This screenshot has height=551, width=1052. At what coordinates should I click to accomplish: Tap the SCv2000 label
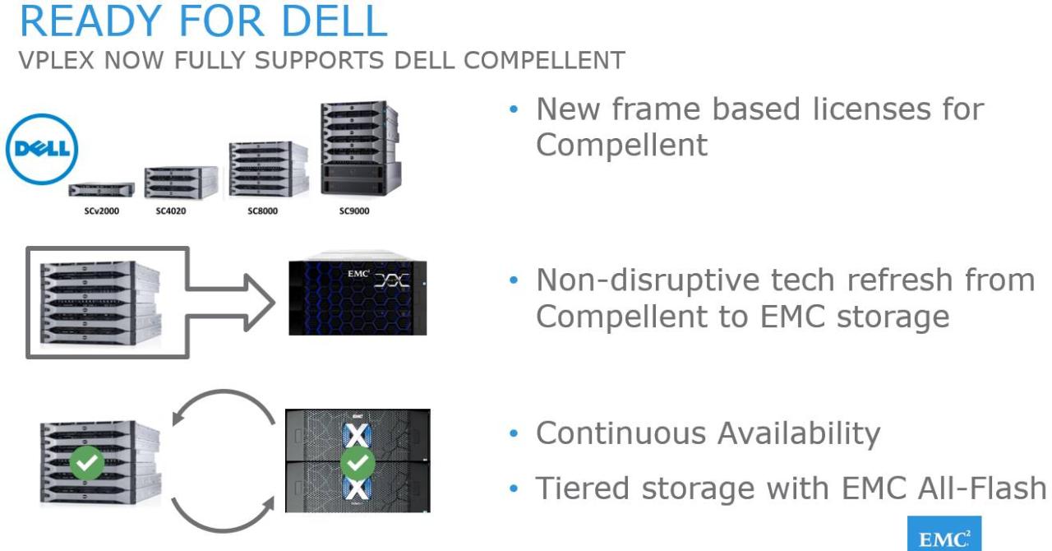pos(101,211)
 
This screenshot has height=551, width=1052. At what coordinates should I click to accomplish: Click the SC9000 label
pos(354,211)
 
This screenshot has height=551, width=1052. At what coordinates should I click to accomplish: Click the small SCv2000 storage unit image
pos(101,189)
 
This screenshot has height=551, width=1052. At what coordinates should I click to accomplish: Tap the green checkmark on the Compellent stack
pos(87,464)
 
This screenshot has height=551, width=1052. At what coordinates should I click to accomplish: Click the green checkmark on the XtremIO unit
pos(358,464)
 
